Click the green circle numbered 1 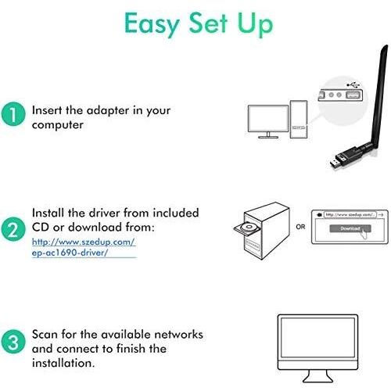[x=13, y=114]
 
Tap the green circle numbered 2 [x=13, y=229]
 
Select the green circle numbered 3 [x=13, y=342]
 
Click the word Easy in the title [x=152, y=24]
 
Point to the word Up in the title [x=255, y=25]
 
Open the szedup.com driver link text [x=84, y=247]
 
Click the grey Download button [x=350, y=228]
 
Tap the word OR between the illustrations [x=300, y=227]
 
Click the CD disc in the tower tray [x=249, y=227]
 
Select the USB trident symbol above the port [x=353, y=84]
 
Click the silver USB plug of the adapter [x=335, y=163]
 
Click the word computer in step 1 [x=58, y=125]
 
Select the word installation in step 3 [x=63, y=363]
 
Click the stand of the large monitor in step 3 [x=317, y=376]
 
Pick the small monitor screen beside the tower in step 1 [x=268, y=119]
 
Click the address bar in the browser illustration [x=350, y=214]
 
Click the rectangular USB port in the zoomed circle [x=351, y=95]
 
